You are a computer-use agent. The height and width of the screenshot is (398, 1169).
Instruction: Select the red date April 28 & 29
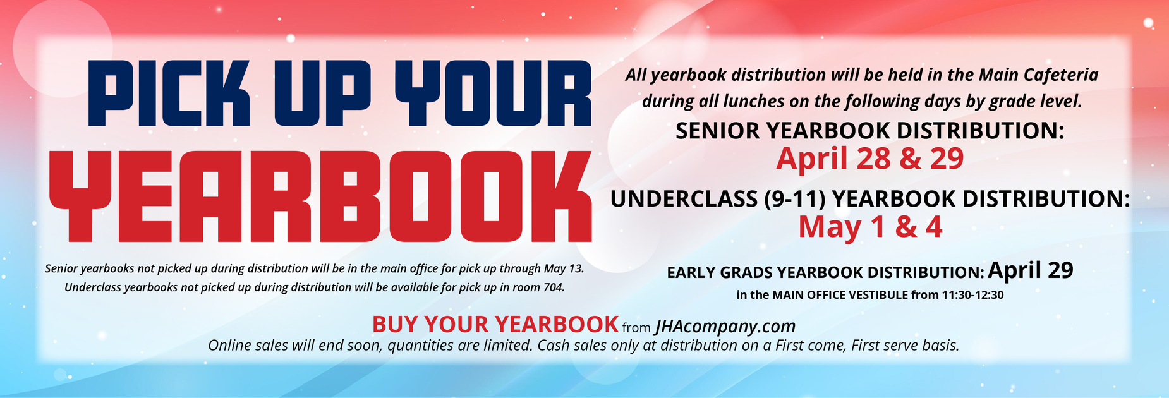point(869,159)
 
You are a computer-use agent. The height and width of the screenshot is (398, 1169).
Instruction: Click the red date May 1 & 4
point(870,227)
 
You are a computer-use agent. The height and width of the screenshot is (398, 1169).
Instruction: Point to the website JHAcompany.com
point(725,326)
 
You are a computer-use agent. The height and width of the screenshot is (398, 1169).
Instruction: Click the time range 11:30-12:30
point(972,295)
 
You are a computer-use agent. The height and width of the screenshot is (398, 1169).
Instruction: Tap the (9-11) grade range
point(795,200)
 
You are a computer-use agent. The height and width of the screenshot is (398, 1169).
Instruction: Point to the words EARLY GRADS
point(720,273)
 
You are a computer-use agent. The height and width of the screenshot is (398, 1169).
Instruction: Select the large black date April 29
point(1031,270)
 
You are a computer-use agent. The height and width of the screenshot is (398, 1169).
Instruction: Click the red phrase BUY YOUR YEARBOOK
point(495,325)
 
